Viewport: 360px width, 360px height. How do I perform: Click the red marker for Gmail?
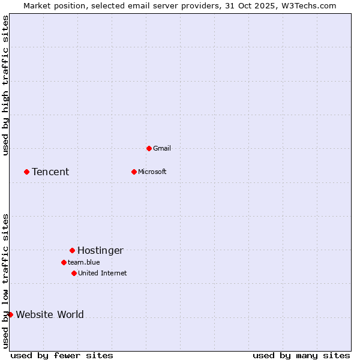coord(149,148)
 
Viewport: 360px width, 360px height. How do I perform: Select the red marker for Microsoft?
coord(134,172)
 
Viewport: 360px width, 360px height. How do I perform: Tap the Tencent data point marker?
coord(26,172)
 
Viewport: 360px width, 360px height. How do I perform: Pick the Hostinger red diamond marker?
coord(72,250)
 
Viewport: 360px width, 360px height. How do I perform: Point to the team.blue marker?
coord(64,262)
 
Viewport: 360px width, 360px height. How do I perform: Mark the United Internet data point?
coord(74,273)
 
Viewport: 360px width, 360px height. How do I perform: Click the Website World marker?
coord(10,314)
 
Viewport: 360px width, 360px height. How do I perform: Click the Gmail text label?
coord(161,148)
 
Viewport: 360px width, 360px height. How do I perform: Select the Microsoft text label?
coord(152,172)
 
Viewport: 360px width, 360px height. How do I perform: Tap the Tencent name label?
coord(50,172)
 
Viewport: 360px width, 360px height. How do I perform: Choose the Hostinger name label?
coord(100,251)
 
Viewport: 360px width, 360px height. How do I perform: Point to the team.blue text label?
coord(83,262)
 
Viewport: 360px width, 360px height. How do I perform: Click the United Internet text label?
coord(102,273)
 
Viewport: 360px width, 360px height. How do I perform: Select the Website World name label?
coord(50,315)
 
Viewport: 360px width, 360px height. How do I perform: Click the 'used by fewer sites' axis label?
coord(62,355)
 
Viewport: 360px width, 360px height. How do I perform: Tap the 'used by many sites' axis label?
coord(301,355)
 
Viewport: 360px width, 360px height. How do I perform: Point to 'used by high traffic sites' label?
coord(5,85)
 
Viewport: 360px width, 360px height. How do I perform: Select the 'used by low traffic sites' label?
coord(5,281)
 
